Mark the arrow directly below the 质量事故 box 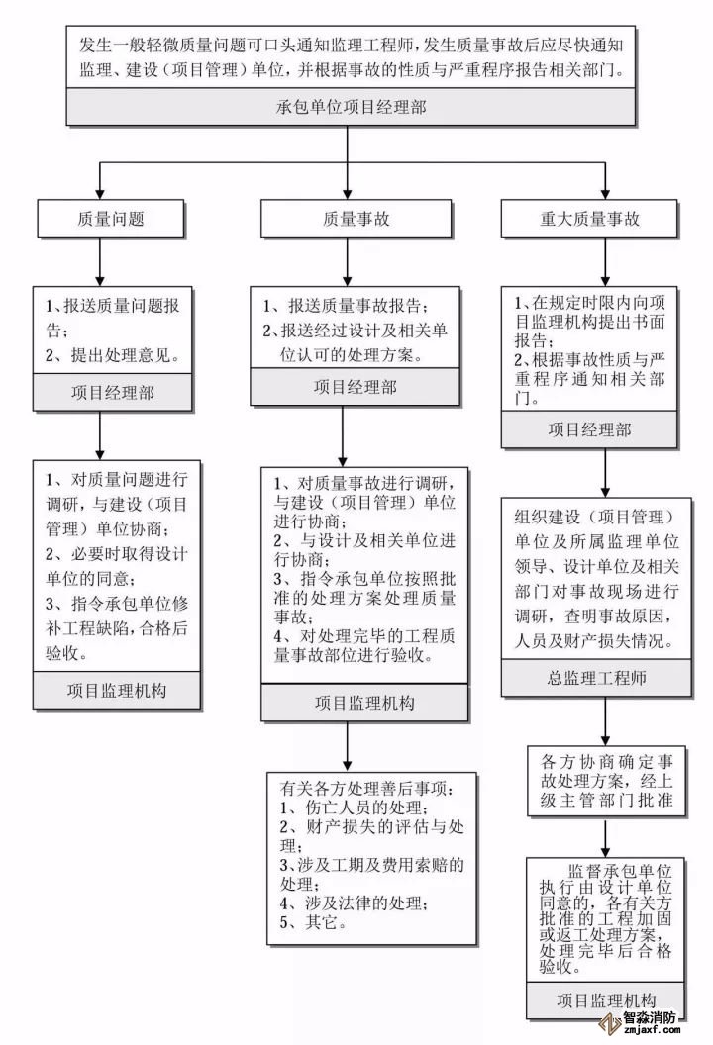point(346,259)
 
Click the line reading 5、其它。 point(309,923)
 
